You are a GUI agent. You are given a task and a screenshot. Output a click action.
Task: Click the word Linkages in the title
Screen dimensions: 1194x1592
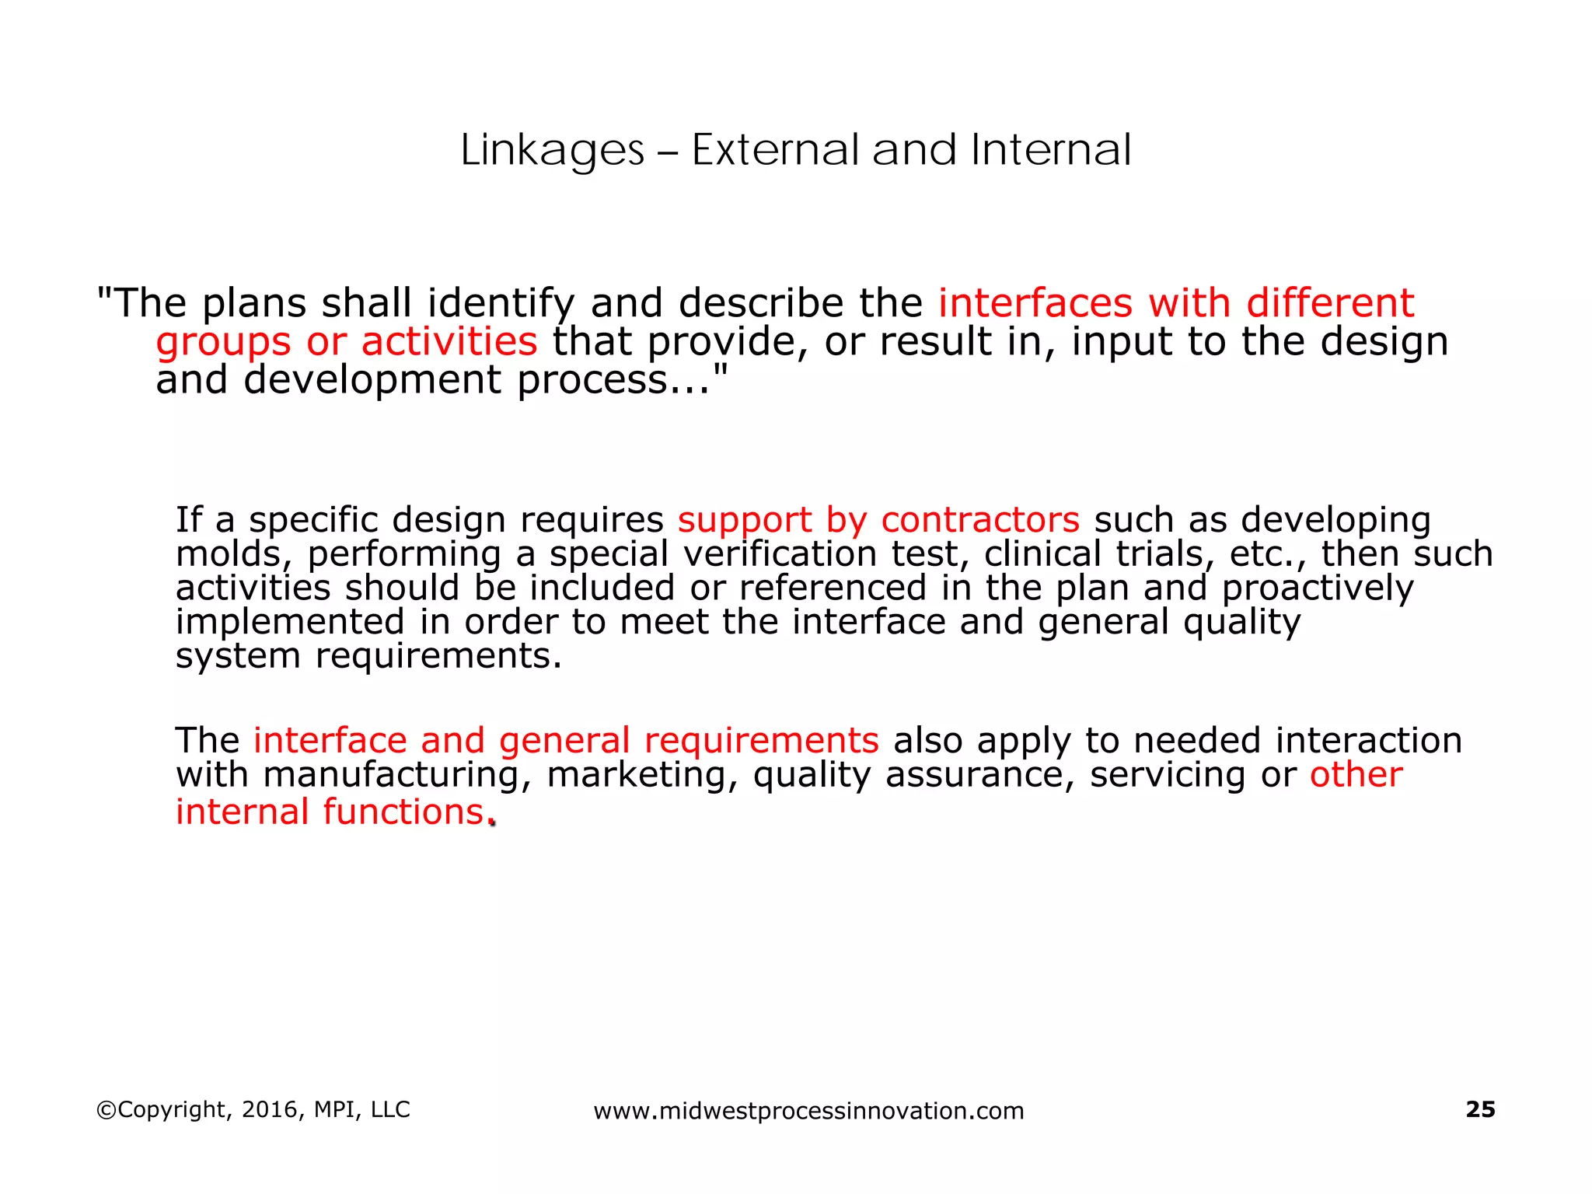point(552,150)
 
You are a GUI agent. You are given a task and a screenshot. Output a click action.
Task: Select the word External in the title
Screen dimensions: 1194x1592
point(775,150)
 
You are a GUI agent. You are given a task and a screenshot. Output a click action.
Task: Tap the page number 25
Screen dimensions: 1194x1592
point(1480,1109)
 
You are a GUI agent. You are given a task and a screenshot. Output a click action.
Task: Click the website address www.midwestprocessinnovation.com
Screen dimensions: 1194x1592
point(808,1111)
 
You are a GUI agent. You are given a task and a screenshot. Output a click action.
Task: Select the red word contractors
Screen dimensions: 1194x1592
point(980,519)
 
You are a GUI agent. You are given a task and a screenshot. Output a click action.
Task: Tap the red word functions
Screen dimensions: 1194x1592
point(403,812)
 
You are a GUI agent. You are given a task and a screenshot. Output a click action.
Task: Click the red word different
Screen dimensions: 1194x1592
point(1330,302)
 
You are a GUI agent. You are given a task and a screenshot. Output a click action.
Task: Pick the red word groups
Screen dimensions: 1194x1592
point(223,342)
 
